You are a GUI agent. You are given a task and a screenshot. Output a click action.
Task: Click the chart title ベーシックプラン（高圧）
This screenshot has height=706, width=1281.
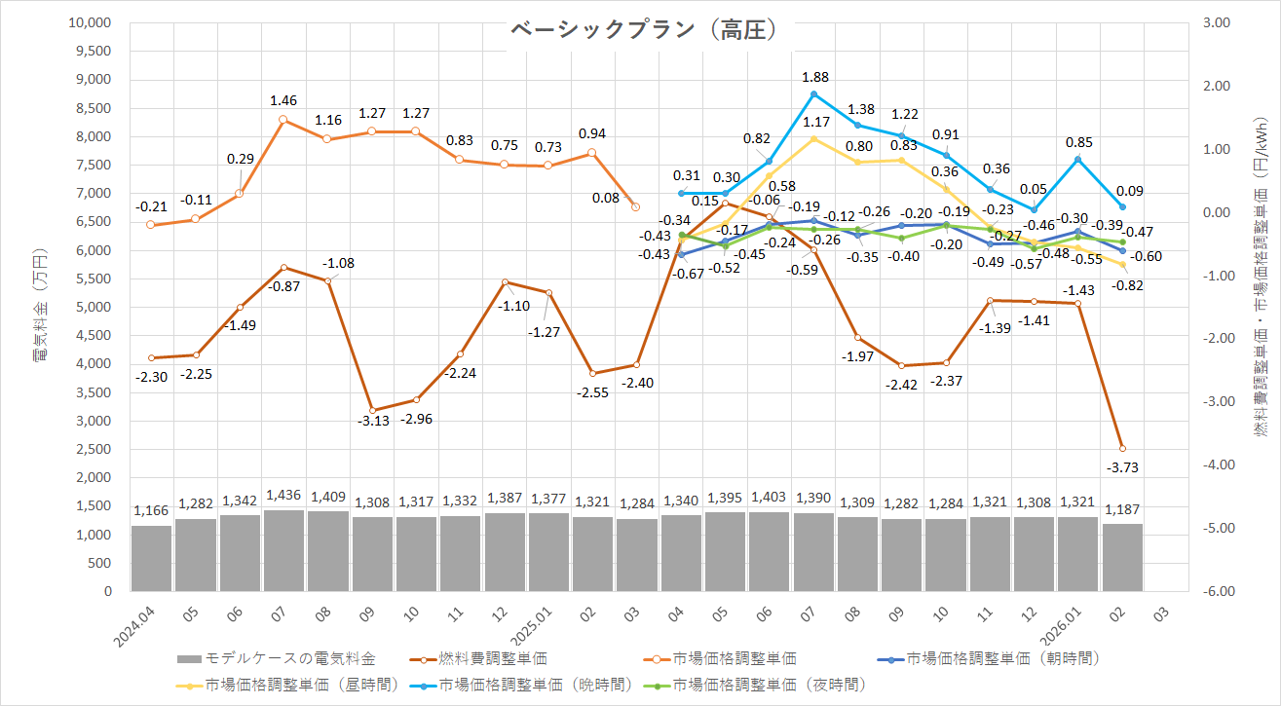[x=644, y=31]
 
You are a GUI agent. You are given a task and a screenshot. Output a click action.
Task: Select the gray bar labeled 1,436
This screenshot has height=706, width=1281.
[x=283, y=550]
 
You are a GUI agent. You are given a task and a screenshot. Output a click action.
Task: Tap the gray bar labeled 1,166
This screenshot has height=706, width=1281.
[x=151, y=558]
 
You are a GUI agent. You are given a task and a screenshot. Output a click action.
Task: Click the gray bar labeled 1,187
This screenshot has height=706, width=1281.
[x=1122, y=557]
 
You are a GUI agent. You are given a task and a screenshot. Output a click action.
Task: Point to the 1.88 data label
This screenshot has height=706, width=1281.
[x=814, y=76]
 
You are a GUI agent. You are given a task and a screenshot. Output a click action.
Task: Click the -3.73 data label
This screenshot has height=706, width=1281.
[x=1123, y=467]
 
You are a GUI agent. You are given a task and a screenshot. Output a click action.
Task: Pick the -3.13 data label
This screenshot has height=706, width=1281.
[x=372, y=421]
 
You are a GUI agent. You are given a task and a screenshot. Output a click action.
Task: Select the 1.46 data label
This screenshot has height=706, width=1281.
[x=283, y=99]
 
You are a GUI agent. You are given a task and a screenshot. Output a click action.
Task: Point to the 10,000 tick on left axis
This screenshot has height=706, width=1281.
[x=91, y=22]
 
